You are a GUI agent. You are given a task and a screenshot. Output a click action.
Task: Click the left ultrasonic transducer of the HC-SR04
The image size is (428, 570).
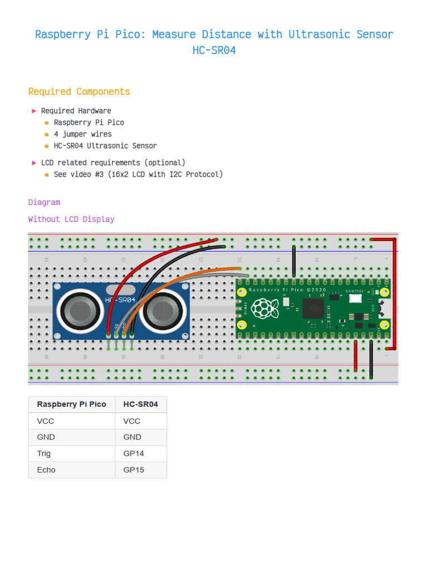click(x=81, y=311)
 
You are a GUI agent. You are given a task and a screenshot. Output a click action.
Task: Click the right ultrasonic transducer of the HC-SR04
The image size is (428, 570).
click(x=163, y=311)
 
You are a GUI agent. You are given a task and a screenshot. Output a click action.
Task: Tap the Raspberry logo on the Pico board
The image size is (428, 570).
click(x=264, y=309)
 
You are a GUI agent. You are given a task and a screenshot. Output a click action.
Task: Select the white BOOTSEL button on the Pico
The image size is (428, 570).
click(x=355, y=298)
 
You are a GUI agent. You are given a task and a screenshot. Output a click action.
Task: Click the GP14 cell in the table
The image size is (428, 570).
click(x=134, y=454)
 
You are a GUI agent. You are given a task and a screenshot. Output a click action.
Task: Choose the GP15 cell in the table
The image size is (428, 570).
click(x=134, y=470)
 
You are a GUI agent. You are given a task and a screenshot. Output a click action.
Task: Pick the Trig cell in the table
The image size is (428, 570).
click(x=44, y=454)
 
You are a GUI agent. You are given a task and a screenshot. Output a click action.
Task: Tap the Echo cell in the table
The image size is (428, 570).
click(x=46, y=470)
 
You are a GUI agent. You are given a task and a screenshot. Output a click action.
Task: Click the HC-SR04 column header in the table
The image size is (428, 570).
click(x=140, y=404)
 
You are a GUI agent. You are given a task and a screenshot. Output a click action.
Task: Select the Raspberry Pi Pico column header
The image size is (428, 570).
click(x=71, y=404)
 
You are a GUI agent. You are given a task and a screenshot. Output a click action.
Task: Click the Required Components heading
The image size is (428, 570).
click(x=79, y=92)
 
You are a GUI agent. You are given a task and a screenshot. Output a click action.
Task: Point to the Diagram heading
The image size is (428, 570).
click(x=44, y=202)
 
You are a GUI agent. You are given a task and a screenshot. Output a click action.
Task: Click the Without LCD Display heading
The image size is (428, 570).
click(x=71, y=219)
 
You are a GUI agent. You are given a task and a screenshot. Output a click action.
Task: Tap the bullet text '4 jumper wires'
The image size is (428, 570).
click(x=82, y=134)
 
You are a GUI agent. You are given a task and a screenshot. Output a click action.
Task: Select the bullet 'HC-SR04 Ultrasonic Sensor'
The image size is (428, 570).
click(x=105, y=146)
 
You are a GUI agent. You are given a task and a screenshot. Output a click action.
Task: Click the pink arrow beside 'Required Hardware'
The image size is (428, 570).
click(x=34, y=111)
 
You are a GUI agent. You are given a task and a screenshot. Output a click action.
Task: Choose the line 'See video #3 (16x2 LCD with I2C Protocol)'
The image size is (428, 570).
click(x=138, y=174)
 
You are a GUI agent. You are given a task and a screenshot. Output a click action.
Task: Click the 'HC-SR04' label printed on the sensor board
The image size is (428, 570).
click(x=120, y=300)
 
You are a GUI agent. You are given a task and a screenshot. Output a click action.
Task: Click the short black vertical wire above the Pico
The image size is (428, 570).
click(x=294, y=261)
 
